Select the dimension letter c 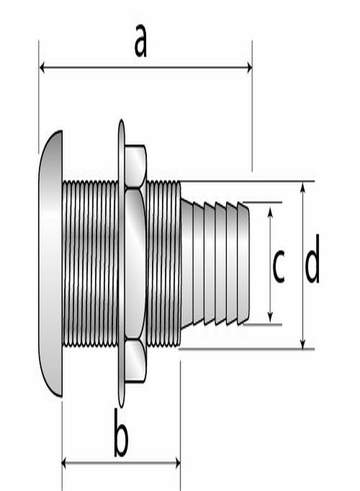278,266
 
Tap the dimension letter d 312,266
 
